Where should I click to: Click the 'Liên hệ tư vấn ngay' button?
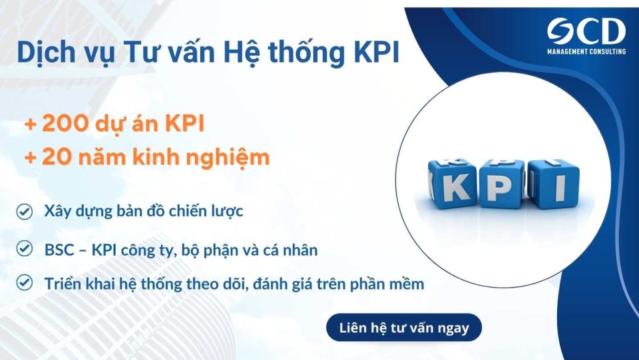click(x=404, y=327)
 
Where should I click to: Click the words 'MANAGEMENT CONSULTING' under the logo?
click(x=586, y=51)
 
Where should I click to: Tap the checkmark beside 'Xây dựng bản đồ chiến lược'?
click(x=25, y=212)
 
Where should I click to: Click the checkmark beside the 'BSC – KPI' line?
click(x=25, y=250)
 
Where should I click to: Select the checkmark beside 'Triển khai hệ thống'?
click(x=25, y=283)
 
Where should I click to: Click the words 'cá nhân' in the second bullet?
click(x=295, y=250)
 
